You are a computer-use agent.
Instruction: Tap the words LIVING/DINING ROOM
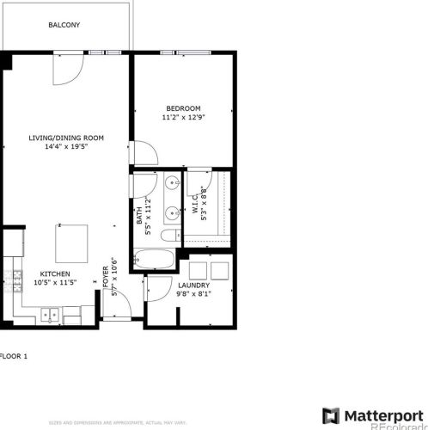click(65, 138)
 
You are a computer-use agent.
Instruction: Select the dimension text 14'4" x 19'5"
click(65, 146)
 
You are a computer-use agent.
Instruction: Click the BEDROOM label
click(183, 108)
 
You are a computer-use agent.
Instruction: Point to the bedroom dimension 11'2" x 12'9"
click(183, 118)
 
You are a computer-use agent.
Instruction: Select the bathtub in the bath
click(156, 259)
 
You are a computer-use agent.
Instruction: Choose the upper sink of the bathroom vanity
click(171, 183)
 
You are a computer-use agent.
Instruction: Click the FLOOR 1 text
click(15, 354)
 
